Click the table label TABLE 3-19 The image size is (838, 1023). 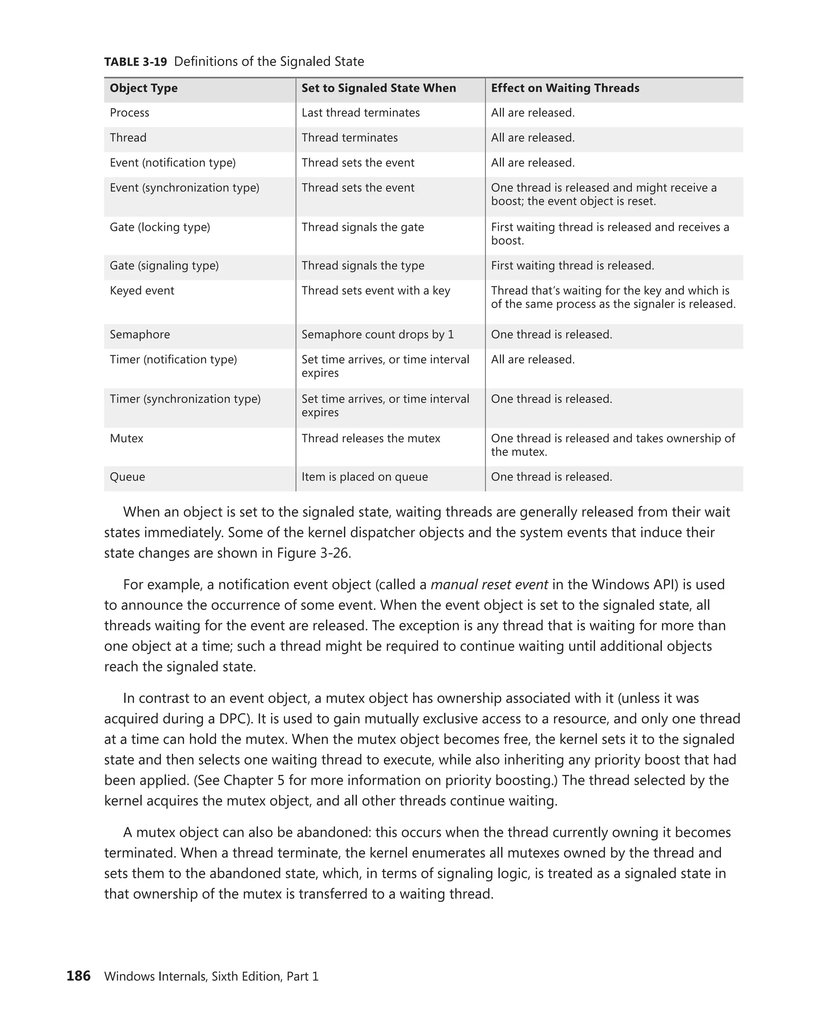pos(136,62)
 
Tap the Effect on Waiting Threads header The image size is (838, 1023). pos(565,88)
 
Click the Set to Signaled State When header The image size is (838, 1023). pos(378,88)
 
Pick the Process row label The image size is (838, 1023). pos(129,113)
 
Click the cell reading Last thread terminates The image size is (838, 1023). pos(360,113)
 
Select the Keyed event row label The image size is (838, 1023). pos(142,291)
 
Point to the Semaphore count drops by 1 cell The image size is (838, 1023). pos(378,335)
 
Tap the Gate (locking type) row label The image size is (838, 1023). pos(160,227)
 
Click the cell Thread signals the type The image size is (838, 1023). pos(363,266)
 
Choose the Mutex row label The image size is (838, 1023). pos(126,438)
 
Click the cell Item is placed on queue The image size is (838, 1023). pos(365,477)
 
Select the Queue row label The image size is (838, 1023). pos(127,477)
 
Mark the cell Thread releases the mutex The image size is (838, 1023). pos(371,438)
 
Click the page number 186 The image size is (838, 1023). pos(78,976)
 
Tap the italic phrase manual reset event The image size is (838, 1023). pos(489,585)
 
